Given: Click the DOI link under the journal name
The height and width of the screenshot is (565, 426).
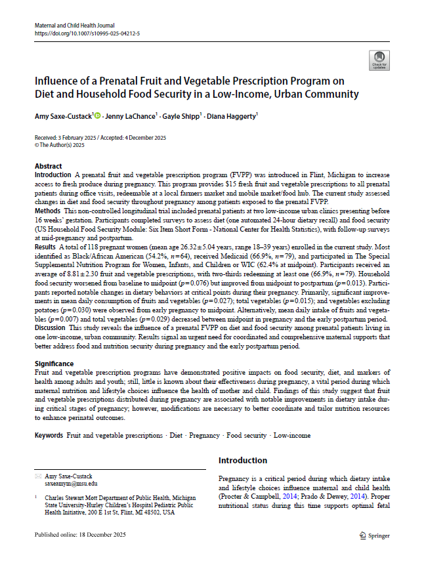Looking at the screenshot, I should click(x=87, y=32).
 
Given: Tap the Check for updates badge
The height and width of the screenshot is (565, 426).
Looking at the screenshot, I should click(x=379, y=61).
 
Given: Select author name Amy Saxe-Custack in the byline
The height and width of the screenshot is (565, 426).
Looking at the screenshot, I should click(x=63, y=116).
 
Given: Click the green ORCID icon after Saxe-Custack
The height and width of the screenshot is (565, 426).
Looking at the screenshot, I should click(x=97, y=116).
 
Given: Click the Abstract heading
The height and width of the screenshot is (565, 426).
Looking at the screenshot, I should click(x=49, y=167).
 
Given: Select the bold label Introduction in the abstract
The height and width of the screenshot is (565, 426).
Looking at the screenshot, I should click(x=53, y=175).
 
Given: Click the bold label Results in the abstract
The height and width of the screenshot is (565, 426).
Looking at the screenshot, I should click(x=46, y=243).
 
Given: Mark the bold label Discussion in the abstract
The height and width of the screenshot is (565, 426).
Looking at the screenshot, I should click(x=51, y=326).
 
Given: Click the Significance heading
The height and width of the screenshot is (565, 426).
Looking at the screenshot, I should click(x=55, y=363).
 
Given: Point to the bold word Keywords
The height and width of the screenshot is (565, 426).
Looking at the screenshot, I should click(x=49, y=435).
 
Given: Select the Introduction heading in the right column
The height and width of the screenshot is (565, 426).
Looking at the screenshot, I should click(x=243, y=460).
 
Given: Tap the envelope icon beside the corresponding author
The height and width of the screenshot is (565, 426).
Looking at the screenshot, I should click(x=37, y=475).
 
